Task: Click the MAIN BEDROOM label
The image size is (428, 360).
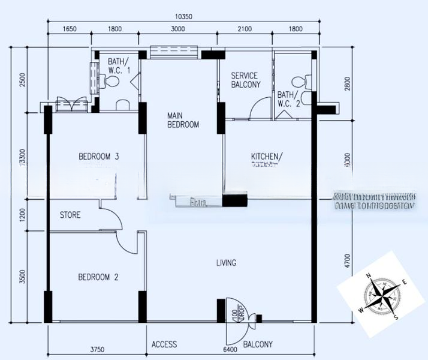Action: [x=183, y=119]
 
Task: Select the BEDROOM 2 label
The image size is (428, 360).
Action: [x=98, y=277]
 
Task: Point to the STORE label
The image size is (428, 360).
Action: [x=70, y=215]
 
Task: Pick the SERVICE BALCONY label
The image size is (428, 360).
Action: [x=245, y=80]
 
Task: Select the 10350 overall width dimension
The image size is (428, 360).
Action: [x=183, y=17]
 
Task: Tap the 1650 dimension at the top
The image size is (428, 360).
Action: [x=70, y=29]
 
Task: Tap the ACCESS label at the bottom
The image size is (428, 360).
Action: [x=164, y=344]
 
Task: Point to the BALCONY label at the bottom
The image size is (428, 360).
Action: [x=258, y=344]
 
